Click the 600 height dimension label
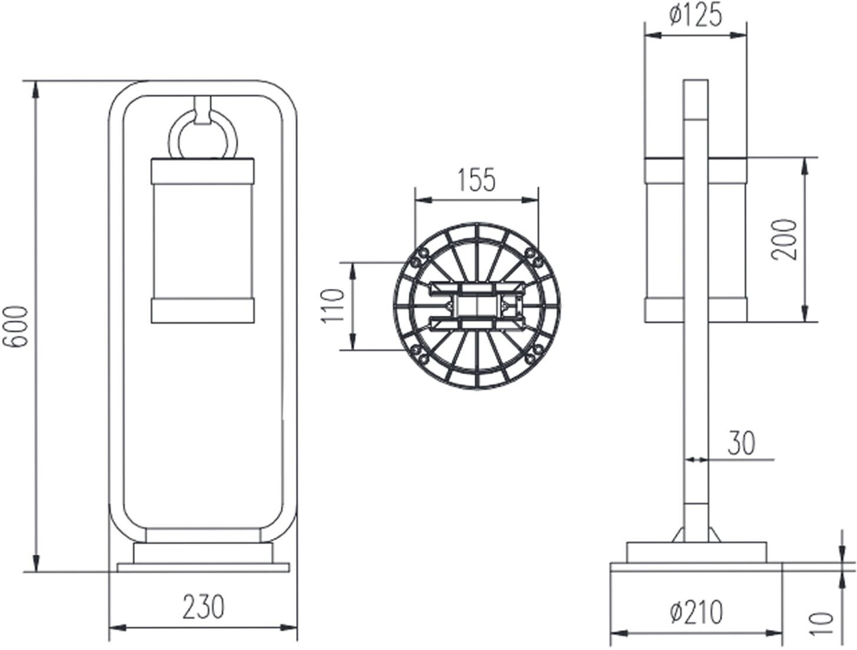(x=15, y=327)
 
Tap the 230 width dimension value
(x=204, y=606)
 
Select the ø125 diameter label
(x=696, y=16)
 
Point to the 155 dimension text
(x=476, y=180)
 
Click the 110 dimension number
(x=333, y=306)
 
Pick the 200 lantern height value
(x=783, y=239)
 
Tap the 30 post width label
(x=742, y=443)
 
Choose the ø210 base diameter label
(x=696, y=612)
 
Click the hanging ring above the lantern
(x=202, y=135)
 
